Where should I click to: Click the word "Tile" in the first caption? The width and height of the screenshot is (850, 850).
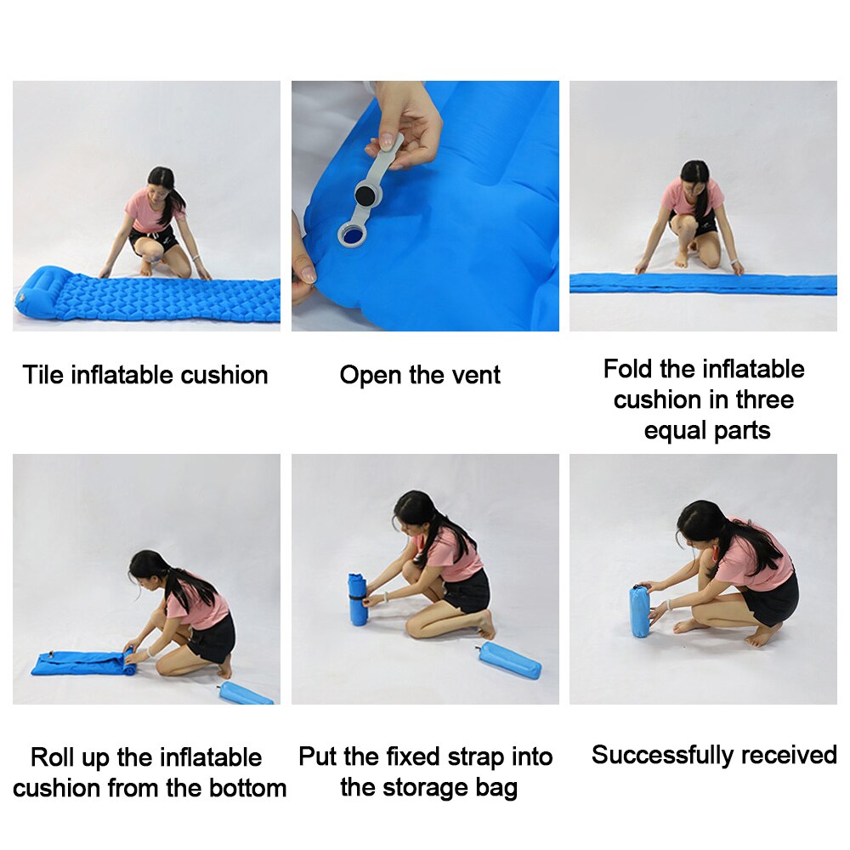pyautogui.click(x=42, y=375)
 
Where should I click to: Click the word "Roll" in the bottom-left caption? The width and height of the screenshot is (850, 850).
pyautogui.click(x=54, y=757)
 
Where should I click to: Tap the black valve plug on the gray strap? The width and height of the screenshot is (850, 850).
pyautogui.click(x=366, y=195)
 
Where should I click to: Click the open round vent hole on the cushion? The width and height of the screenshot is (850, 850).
pyautogui.click(x=350, y=232)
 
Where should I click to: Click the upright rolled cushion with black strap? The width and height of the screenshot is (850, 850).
pyautogui.click(x=357, y=598)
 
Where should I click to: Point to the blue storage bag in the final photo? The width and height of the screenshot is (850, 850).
pyautogui.click(x=639, y=610)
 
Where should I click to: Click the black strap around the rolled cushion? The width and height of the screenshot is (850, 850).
pyautogui.click(x=357, y=600)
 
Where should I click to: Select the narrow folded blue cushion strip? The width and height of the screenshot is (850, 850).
pyautogui.click(x=702, y=284)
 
